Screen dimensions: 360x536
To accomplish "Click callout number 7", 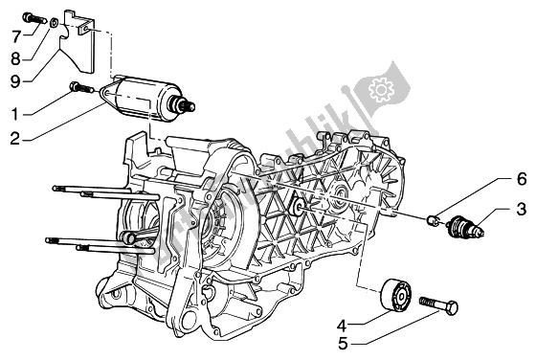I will click(15, 36).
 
